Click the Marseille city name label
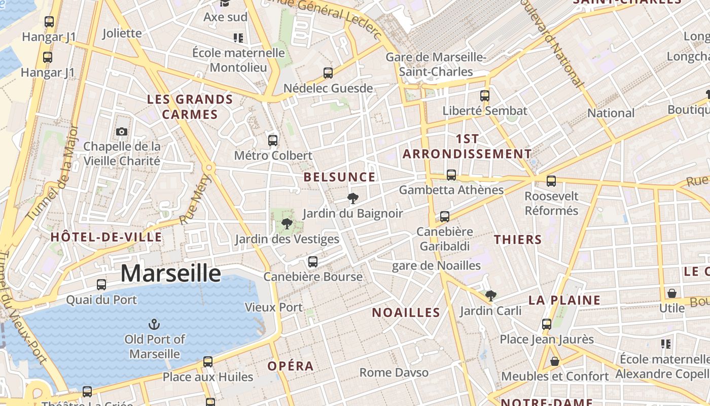pyautogui.click(x=170, y=274)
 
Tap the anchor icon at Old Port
pyautogui.click(x=154, y=324)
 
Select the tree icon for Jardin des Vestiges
pyautogui.click(x=287, y=224)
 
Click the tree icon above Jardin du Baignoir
pyautogui.click(x=353, y=198)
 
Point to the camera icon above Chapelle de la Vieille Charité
pyautogui.click(x=121, y=132)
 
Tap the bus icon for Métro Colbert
pyautogui.click(x=273, y=141)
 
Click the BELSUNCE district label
pyautogui.click(x=339, y=177)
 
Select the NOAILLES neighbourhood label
pyautogui.click(x=406, y=313)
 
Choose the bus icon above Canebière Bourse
pyautogui.click(x=313, y=262)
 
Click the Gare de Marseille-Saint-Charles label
pyautogui.click(x=436, y=64)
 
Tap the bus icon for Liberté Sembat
pyautogui.click(x=485, y=95)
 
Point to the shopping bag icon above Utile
pyautogui.click(x=672, y=293)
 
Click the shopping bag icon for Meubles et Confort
pyautogui.click(x=555, y=361)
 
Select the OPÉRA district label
pyautogui.click(x=291, y=366)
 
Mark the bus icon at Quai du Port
pyautogui.click(x=101, y=285)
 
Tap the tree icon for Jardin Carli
pyautogui.click(x=490, y=296)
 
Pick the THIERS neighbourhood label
pyautogui.click(x=518, y=240)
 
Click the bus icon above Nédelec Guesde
pyautogui.click(x=328, y=73)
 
